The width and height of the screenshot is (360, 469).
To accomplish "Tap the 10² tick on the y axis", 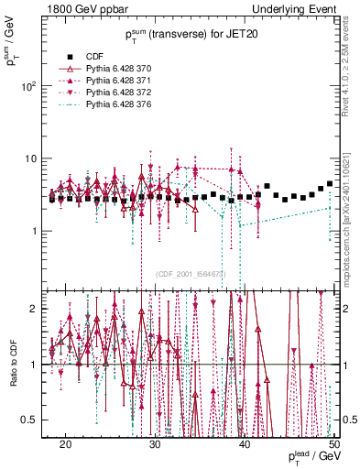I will (32, 86).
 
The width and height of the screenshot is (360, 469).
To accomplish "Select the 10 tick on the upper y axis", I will (36, 158).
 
